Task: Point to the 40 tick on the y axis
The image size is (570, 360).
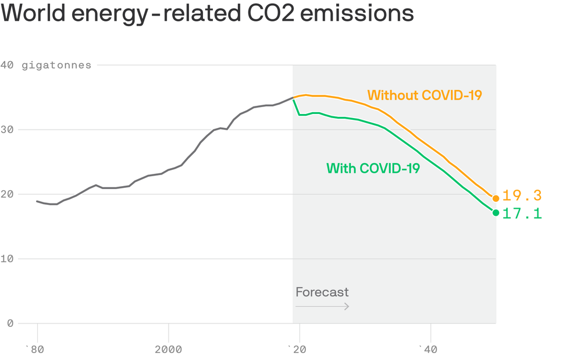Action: (x=7, y=65)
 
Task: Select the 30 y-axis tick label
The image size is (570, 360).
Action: (x=7, y=130)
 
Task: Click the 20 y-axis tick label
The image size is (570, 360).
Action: (x=7, y=194)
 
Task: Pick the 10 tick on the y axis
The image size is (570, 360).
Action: (x=7, y=259)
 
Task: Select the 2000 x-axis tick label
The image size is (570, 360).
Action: (x=169, y=350)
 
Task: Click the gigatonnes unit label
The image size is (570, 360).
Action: (x=56, y=65)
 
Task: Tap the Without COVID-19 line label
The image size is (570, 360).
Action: (x=425, y=95)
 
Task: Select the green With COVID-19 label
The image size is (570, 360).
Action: (x=373, y=168)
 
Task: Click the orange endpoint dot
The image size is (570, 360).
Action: (x=496, y=198)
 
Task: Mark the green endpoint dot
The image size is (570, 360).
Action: (x=496, y=213)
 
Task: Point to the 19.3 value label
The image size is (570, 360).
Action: (x=522, y=196)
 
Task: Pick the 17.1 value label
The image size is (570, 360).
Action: (x=522, y=214)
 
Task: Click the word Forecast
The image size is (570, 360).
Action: (x=322, y=292)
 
